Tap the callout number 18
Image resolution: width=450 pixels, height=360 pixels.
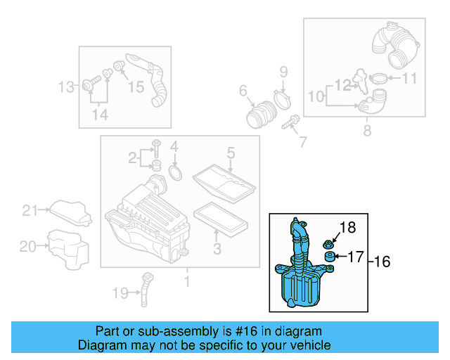point(349,227)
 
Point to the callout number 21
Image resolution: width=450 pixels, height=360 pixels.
point(29,210)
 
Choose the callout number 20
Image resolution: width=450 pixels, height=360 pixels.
point(27,246)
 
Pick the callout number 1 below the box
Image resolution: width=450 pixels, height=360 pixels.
point(187,283)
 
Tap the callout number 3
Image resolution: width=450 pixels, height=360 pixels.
point(217,248)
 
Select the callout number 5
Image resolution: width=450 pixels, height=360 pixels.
point(230,153)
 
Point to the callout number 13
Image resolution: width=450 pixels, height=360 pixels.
point(65,87)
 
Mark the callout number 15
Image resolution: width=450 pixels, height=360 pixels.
point(135,86)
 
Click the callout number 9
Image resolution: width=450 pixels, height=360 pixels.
point(284,71)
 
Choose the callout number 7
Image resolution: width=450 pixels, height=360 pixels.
point(302,142)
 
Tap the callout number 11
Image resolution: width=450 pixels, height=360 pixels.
point(409,78)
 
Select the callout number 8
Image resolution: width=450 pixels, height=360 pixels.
point(366,130)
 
